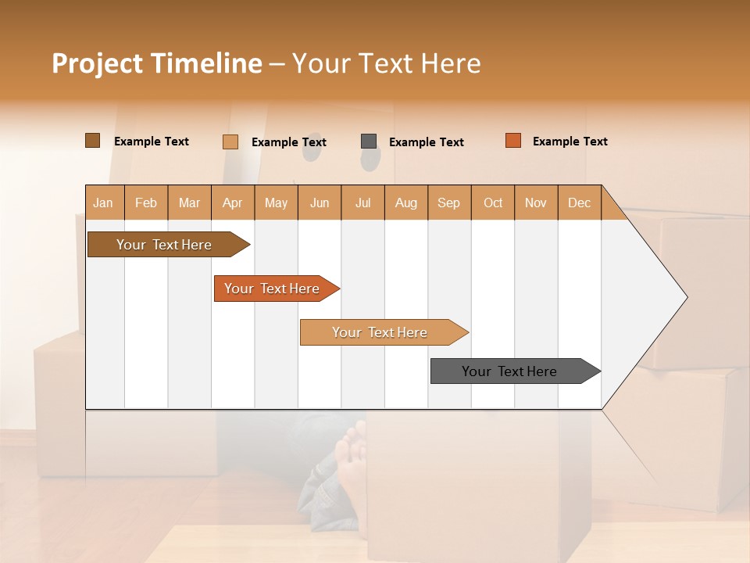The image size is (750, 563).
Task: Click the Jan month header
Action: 104,203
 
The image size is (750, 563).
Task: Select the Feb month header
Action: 146,203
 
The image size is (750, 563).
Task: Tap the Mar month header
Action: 189,203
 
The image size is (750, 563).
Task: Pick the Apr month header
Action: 233,203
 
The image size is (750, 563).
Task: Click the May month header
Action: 276,203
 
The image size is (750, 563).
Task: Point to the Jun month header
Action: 320,203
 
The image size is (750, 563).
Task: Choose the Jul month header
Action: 363,203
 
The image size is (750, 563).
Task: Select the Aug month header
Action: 406,203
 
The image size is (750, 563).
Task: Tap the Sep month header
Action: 449,203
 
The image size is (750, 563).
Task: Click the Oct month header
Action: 493,203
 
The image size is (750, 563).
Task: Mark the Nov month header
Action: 536,203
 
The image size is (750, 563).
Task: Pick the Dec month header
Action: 580,203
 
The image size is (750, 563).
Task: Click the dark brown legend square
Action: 93,141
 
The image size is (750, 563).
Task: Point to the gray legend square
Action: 369,141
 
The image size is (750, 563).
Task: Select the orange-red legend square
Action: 513,141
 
